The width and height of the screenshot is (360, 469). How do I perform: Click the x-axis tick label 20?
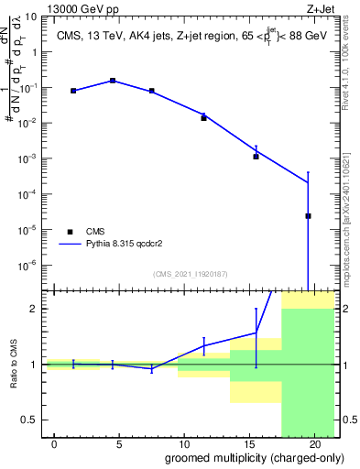coord(313,444)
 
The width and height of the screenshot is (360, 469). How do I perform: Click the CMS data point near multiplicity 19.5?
coord(308,216)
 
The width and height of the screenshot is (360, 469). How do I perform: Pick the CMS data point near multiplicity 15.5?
coord(256,157)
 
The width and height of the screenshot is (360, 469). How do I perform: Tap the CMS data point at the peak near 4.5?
coord(113,81)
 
